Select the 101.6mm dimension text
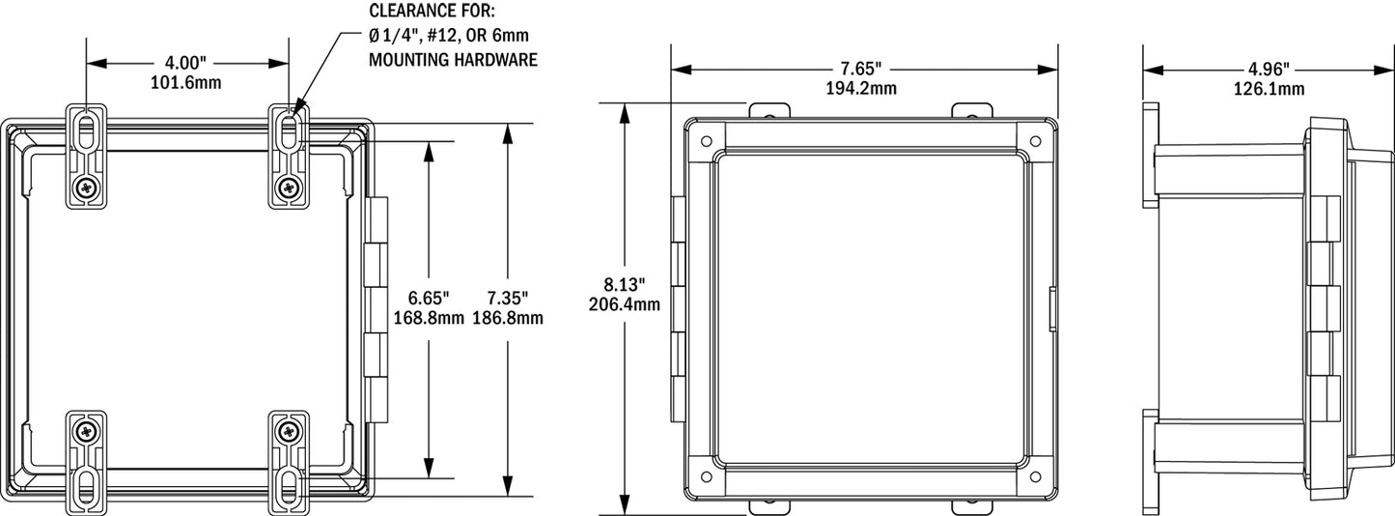click(185, 82)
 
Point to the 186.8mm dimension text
click(507, 316)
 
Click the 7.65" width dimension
click(861, 70)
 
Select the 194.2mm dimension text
click(861, 88)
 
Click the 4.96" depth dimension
click(1269, 70)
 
